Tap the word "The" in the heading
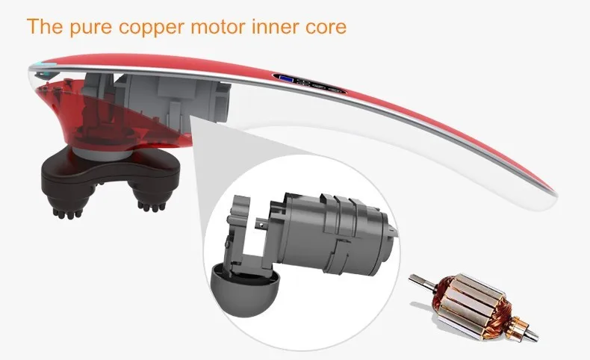(x=42, y=28)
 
